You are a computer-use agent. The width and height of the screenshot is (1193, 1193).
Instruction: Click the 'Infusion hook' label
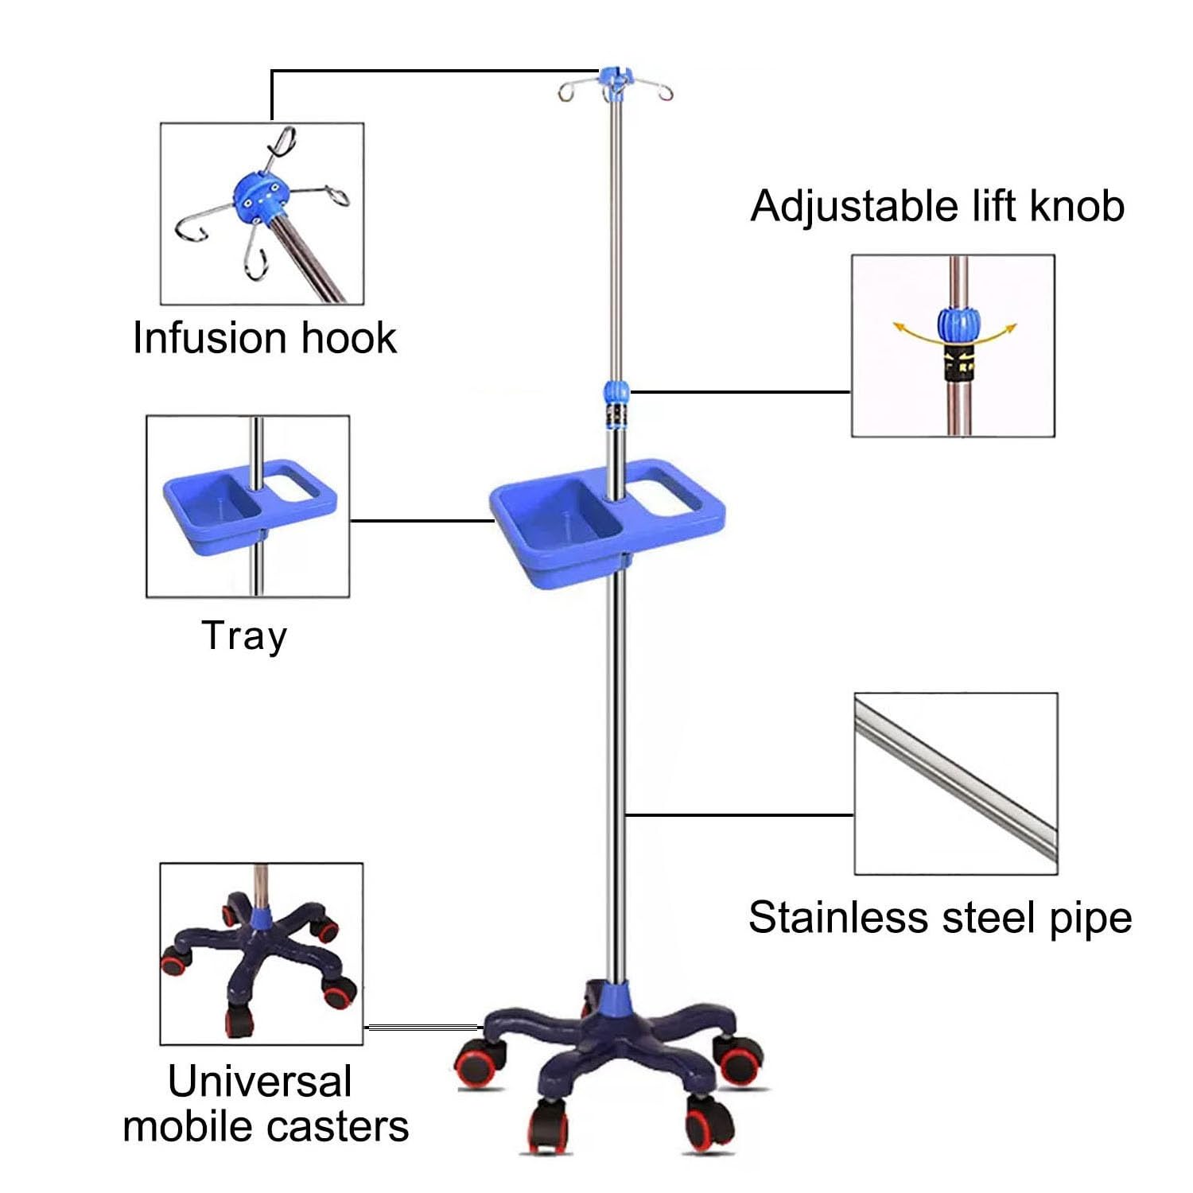point(264,338)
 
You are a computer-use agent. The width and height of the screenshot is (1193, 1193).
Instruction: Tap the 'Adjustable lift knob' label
point(938,206)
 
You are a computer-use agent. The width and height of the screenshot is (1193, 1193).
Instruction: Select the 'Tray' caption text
point(244,636)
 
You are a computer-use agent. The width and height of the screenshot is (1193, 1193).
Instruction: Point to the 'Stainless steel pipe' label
point(940,918)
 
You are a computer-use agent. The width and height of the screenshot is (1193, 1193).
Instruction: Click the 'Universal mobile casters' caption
point(266,1104)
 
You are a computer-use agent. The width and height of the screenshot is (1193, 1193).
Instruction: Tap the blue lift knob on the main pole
point(616,391)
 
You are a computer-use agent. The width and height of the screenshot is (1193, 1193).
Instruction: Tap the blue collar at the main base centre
point(614,997)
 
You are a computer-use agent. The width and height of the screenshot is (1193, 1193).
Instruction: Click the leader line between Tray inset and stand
point(422,521)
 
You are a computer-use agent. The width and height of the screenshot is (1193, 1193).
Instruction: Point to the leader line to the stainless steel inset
point(740,814)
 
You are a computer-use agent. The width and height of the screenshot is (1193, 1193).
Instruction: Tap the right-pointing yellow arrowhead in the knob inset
point(1011,327)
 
